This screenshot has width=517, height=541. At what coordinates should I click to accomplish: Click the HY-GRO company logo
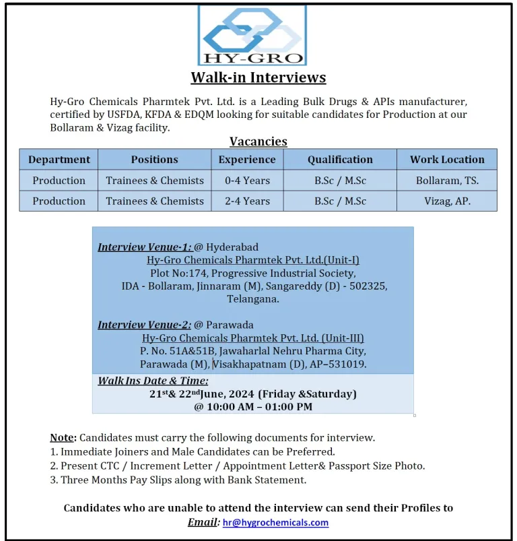[252, 35]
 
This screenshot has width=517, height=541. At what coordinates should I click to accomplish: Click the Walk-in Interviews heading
[258, 77]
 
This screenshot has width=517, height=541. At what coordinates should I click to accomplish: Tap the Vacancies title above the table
[258, 141]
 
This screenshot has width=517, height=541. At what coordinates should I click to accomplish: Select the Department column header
[59, 160]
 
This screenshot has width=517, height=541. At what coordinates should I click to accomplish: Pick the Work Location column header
[447, 160]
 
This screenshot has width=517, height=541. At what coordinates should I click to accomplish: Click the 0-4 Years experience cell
[247, 181]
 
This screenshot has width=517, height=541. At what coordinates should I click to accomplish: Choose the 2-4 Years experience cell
[247, 201]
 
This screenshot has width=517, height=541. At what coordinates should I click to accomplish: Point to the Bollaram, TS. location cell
[447, 181]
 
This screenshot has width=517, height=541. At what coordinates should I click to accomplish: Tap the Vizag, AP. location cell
[447, 201]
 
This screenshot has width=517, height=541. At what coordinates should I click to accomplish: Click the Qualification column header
[340, 160]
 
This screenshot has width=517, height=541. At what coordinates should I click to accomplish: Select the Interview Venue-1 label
[145, 247]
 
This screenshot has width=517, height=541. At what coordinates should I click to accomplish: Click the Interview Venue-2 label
[145, 325]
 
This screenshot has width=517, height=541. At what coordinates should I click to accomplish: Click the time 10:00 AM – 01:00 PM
[253, 407]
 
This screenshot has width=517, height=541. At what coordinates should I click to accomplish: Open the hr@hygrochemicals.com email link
[275, 522]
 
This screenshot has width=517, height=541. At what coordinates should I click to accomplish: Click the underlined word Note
[62, 438]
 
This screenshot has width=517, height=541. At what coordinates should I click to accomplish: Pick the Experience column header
[247, 160]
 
